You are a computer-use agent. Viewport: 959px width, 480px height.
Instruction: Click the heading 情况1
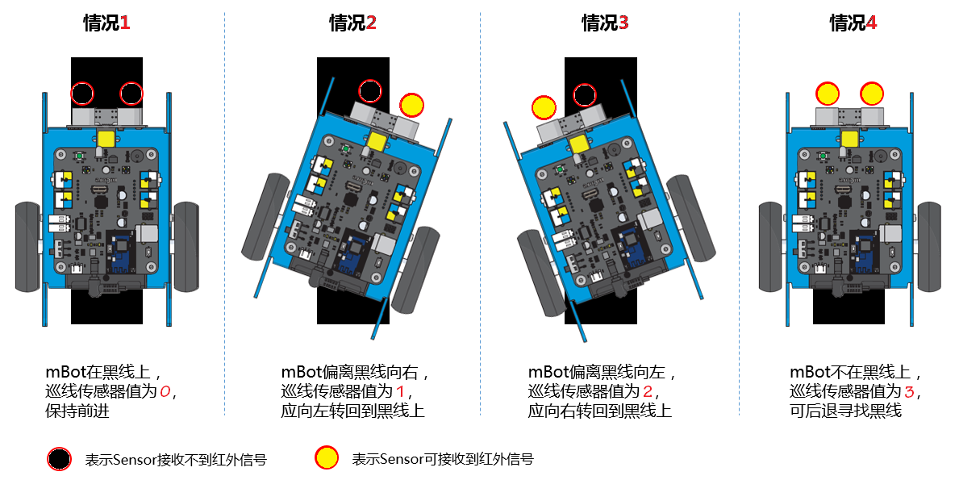(x=106, y=23)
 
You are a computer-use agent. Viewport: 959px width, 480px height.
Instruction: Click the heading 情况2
(x=352, y=23)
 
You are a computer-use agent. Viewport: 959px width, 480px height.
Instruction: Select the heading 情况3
(x=605, y=23)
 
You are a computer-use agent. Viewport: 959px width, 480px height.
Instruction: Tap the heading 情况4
(x=853, y=23)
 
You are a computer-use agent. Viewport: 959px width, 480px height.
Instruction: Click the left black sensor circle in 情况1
(x=82, y=94)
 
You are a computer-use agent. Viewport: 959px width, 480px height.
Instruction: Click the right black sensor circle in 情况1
(x=131, y=94)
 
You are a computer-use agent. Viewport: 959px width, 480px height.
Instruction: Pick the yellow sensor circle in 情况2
(x=412, y=105)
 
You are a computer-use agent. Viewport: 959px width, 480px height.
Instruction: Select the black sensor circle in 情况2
(x=369, y=92)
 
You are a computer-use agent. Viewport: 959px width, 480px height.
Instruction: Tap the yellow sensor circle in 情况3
(x=544, y=106)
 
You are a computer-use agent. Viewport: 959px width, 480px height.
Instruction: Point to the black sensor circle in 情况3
(x=585, y=96)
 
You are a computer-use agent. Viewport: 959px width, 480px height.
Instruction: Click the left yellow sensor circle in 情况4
(x=828, y=94)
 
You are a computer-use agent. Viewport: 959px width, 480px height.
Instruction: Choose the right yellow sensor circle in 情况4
(x=872, y=94)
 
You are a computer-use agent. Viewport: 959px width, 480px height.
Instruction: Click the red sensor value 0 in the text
(x=165, y=392)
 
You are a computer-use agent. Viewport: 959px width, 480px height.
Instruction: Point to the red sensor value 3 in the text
(x=910, y=392)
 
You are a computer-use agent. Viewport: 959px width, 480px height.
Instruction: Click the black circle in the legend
(x=59, y=459)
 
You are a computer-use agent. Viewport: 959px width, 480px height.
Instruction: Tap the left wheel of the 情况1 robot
(x=27, y=246)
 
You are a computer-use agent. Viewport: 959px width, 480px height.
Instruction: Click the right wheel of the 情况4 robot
(x=928, y=246)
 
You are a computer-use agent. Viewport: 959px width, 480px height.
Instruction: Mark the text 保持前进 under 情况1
(x=77, y=411)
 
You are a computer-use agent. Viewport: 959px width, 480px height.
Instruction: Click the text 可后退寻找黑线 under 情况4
(x=845, y=411)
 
